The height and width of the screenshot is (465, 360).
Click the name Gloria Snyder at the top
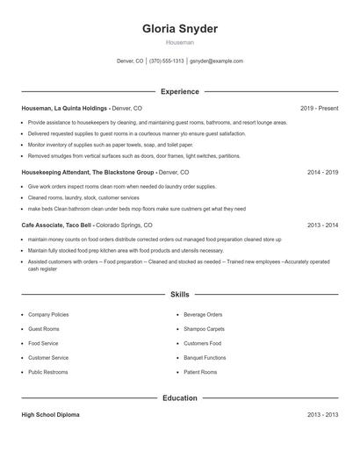click(x=180, y=28)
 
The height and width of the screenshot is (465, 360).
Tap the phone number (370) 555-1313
click(x=167, y=61)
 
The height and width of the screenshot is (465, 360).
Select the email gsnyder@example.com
click(x=216, y=61)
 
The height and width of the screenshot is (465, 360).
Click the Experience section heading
click(x=180, y=91)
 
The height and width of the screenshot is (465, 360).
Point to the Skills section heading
click(x=180, y=296)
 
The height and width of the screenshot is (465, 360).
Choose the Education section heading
click(x=180, y=398)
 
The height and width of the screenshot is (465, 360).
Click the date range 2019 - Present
click(x=319, y=108)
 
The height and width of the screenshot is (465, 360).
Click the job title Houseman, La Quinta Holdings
click(x=64, y=108)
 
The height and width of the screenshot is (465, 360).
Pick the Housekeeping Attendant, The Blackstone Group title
click(x=88, y=173)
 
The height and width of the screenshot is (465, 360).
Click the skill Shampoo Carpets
click(x=204, y=328)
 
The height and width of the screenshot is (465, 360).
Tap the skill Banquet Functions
click(x=205, y=358)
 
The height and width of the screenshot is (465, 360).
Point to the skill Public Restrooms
click(x=49, y=372)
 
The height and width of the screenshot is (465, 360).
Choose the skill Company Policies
click(x=48, y=314)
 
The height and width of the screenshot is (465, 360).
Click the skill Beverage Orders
click(x=203, y=314)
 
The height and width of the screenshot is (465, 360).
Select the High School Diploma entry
click(x=50, y=415)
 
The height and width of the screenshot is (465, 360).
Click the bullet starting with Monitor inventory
click(x=111, y=144)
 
